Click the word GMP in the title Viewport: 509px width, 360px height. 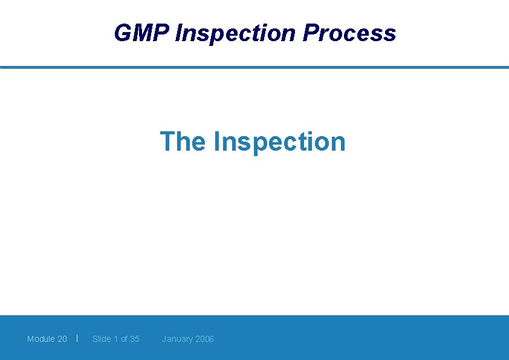tap(141, 33)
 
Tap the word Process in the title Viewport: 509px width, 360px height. tap(349, 33)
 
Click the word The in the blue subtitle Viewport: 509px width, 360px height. tap(183, 142)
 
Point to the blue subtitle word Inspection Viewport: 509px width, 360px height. tap(279, 142)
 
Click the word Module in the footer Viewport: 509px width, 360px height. tap(41, 339)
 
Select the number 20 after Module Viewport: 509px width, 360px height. tap(62, 339)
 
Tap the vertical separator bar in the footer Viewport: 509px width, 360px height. tap(77, 338)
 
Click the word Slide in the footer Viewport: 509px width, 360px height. tap(102, 339)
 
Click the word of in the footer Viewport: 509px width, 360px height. tap(124, 339)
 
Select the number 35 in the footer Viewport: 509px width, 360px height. tap(134, 339)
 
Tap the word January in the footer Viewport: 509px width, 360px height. tap(177, 339)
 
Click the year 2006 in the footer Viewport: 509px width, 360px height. tap(204, 339)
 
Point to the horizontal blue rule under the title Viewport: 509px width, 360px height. tap(254, 67)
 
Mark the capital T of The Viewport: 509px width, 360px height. tap(167, 142)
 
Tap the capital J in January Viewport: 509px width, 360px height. tap(164, 339)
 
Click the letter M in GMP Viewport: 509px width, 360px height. tap(142, 33)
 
